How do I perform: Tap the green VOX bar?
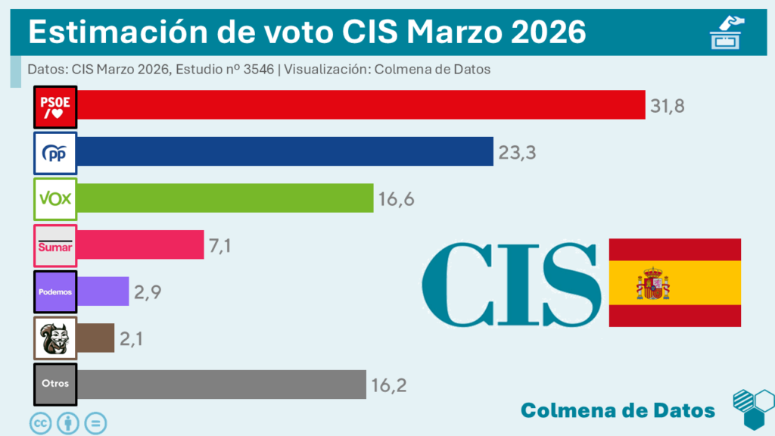(226, 198)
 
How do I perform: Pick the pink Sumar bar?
(141, 244)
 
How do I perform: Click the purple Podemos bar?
(103, 291)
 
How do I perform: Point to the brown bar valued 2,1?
(95, 338)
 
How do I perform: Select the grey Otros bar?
(222, 384)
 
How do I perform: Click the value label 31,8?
(667, 106)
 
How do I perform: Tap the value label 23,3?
(517, 153)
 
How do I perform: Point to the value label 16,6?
(397, 199)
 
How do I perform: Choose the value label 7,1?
(219, 245)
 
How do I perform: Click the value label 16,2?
(389, 385)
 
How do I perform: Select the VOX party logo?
(56, 199)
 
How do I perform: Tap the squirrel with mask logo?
(56, 338)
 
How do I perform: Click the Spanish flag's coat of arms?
(653, 283)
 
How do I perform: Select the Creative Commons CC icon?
(40, 422)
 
